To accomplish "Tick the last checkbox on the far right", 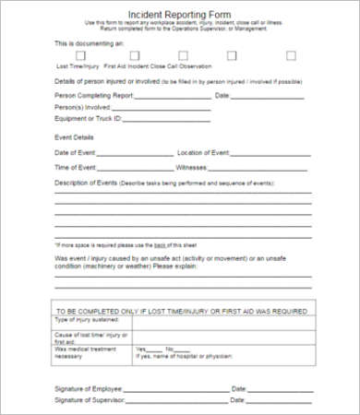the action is [x=292, y=56].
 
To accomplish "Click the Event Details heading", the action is [x=75, y=136].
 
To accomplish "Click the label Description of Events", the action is [x=86, y=184].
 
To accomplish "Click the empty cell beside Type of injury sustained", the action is [x=222, y=323].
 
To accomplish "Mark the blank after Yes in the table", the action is [x=156, y=350].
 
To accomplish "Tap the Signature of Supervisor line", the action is [x=175, y=403].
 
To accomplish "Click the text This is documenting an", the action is [x=90, y=43].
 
